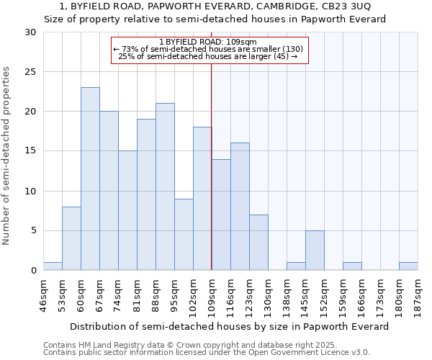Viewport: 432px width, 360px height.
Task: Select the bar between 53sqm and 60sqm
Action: point(71,238)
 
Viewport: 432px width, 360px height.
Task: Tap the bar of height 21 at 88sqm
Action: point(165,186)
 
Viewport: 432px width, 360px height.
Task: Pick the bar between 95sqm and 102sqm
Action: point(184,234)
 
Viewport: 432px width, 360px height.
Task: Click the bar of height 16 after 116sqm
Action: point(240,207)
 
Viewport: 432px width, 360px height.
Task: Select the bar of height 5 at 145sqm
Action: point(315,250)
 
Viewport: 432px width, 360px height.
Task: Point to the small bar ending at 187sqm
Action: point(408,266)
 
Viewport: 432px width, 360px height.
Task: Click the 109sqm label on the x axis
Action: point(212,296)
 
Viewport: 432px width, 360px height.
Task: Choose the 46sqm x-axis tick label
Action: point(43,296)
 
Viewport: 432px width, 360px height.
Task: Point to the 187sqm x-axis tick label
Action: point(418,296)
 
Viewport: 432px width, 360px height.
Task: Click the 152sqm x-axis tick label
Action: point(324,296)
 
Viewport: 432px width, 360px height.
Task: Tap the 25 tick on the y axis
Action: point(30,72)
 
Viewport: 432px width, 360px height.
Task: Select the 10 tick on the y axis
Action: point(30,192)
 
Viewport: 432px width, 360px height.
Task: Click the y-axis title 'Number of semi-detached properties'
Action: point(7,156)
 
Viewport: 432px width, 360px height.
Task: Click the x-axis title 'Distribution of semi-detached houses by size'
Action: point(230,326)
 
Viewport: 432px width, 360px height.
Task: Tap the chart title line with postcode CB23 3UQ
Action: point(215,6)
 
